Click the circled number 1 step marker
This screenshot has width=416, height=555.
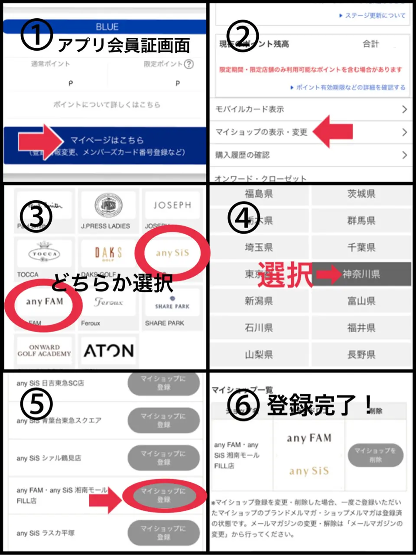click(x=37, y=34)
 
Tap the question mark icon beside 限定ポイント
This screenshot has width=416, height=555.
click(x=188, y=64)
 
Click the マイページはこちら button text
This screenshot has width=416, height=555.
click(x=107, y=140)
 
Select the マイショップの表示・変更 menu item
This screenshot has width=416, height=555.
click(x=261, y=132)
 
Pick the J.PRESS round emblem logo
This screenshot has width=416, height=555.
click(x=108, y=206)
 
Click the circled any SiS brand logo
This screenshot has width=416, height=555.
click(x=172, y=253)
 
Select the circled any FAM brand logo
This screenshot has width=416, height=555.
click(x=44, y=302)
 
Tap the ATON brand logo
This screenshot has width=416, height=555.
click(x=108, y=351)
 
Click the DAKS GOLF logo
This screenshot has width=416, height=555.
click(x=108, y=253)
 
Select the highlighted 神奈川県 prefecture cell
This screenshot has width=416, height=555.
click(x=361, y=274)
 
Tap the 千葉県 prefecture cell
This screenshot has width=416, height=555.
click(x=361, y=247)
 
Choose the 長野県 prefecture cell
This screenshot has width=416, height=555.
click(x=361, y=355)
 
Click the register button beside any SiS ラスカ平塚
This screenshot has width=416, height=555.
click(x=163, y=532)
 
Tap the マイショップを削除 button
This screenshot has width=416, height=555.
click(x=375, y=455)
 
